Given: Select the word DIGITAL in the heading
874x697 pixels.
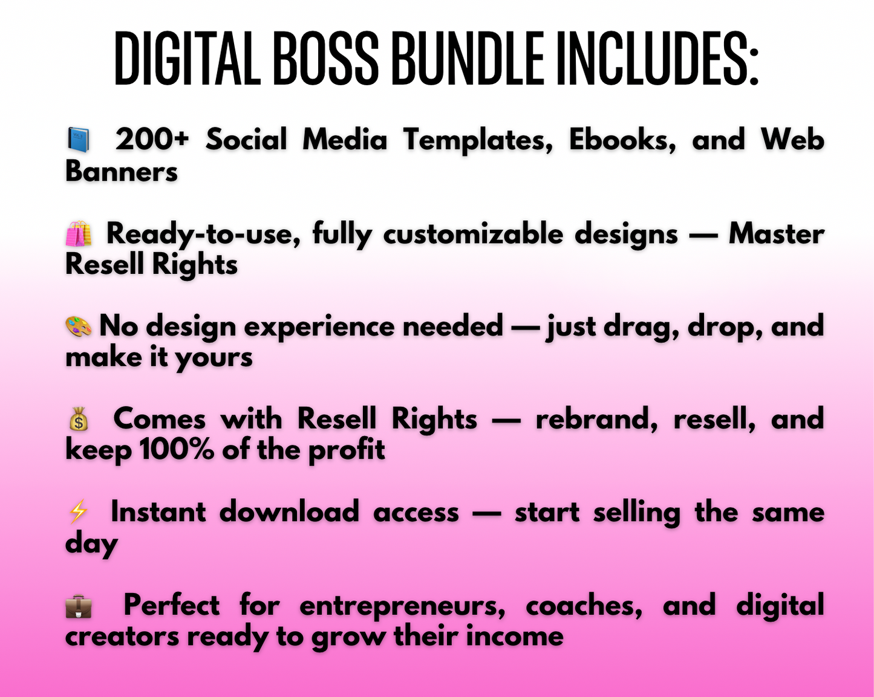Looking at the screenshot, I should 187,59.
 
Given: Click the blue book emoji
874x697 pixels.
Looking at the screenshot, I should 78,140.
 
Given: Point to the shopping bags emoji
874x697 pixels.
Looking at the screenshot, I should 79,233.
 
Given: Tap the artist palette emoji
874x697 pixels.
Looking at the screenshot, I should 79,326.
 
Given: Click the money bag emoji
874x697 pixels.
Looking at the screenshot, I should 79,419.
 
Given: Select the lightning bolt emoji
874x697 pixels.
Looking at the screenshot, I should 78,512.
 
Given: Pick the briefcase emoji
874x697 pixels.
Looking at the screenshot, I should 79,606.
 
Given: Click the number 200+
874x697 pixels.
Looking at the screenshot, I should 152,140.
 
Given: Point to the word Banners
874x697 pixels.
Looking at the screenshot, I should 122,172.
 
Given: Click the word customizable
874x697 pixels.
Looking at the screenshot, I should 472,234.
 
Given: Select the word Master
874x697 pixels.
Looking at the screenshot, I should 776,234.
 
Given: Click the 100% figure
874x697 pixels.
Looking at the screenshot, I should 177,450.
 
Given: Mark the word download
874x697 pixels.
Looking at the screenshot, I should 289,513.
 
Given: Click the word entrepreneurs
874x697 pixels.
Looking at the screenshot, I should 402,606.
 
